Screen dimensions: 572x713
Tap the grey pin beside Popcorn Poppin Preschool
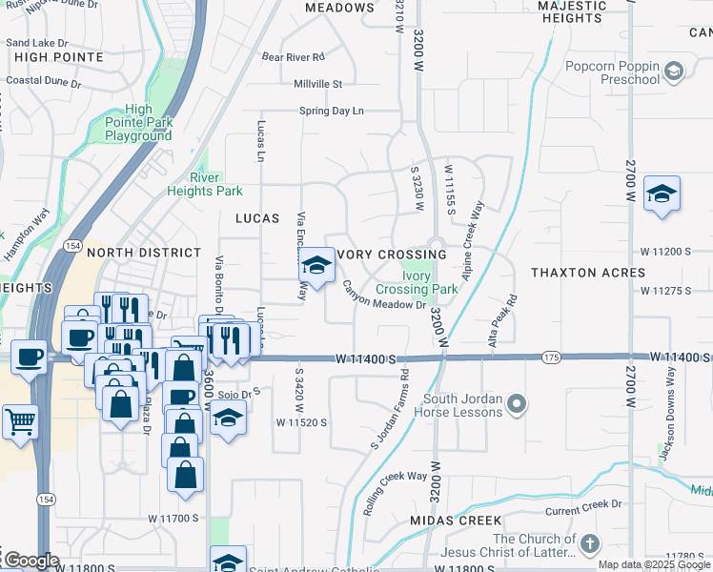(x=674, y=71)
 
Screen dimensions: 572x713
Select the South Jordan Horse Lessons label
(x=450, y=405)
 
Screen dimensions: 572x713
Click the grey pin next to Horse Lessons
(x=516, y=404)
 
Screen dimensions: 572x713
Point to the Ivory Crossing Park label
(x=417, y=282)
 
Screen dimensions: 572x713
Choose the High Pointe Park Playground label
(x=138, y=123)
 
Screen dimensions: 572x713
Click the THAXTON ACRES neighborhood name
(x=589, y=273)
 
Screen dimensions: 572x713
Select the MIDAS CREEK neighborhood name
(x=456, y=521)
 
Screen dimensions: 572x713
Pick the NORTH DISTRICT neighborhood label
(x=144, y=253)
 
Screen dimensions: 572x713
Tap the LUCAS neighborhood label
(x=257, y=218)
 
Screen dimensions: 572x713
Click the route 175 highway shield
(x=550, y=357)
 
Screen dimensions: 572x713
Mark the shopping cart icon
(x=20, y=420)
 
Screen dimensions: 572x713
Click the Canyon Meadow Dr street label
(x=383, y=296)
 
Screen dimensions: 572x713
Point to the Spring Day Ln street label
(x=332, y=112)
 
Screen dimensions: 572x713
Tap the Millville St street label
(x=317, y=84)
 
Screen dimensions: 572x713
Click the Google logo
(x=31, y=561)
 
